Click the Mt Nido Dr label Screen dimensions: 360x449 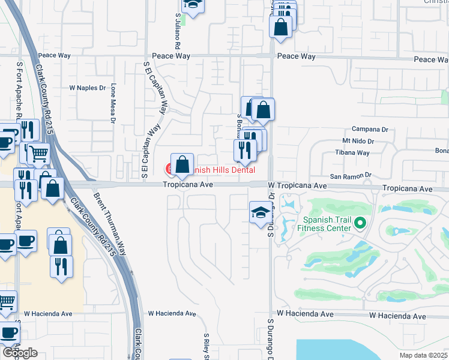[358, 142]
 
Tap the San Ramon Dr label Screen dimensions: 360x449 [352, 176]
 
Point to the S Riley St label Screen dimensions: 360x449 [206, 346]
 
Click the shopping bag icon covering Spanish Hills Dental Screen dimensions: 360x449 [181, 164]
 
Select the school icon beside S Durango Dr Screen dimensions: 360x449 [261, 212]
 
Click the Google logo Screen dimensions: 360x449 [20, 353]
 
